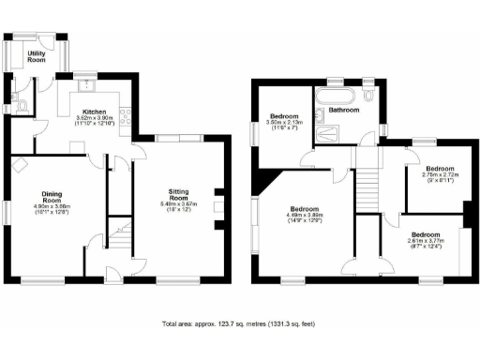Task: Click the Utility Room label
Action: [38, 57]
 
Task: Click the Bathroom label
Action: [343, 110]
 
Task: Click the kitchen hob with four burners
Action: [124, 118]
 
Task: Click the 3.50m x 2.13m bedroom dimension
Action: [282, 123]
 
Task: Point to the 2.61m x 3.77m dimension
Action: [427, 240]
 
